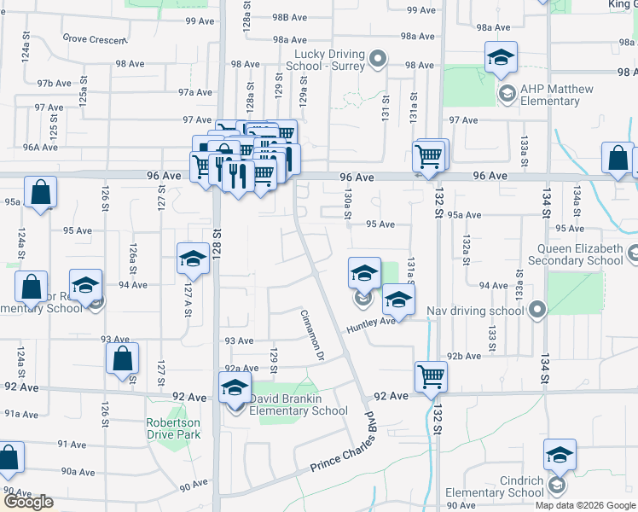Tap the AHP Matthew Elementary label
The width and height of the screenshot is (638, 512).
(550, 95)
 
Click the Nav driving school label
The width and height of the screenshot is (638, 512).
(477, 311)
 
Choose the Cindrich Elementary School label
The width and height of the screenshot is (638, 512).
(495, 486)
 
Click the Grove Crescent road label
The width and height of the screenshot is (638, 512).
(94, 38)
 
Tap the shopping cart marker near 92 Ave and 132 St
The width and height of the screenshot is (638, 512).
(431, 375)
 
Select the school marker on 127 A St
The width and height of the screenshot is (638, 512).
(193, 258)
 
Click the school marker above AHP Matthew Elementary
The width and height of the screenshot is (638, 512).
(500, 56)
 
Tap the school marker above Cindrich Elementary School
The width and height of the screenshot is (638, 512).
(559, 454)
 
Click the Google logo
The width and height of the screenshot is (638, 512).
(28, 502)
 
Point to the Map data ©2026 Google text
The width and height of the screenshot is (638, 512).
(585, 505)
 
